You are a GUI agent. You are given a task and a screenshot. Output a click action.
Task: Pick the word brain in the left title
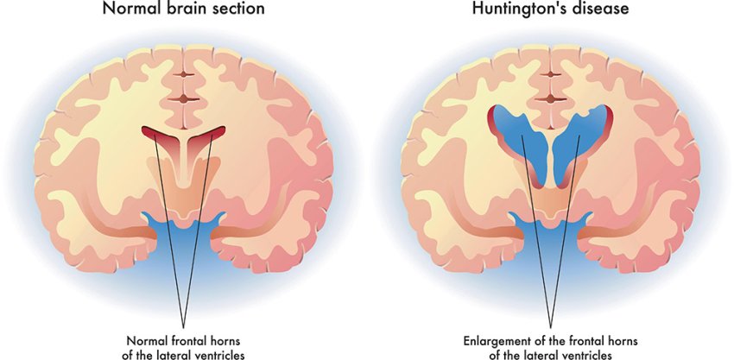(178, 10)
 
